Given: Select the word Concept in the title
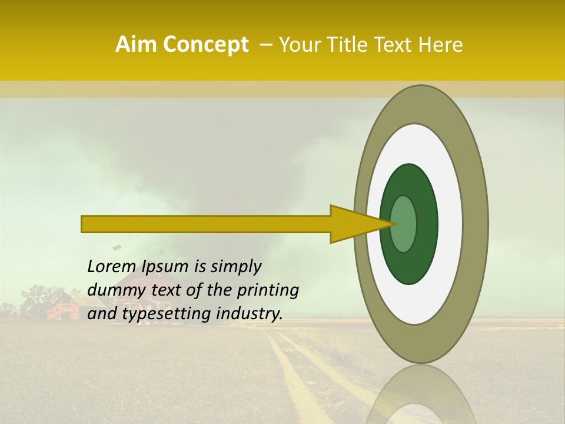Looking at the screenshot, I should pos(205,45).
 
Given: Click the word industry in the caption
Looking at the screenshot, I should pos(249,314).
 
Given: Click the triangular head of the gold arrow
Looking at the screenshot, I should pos(353,224).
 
